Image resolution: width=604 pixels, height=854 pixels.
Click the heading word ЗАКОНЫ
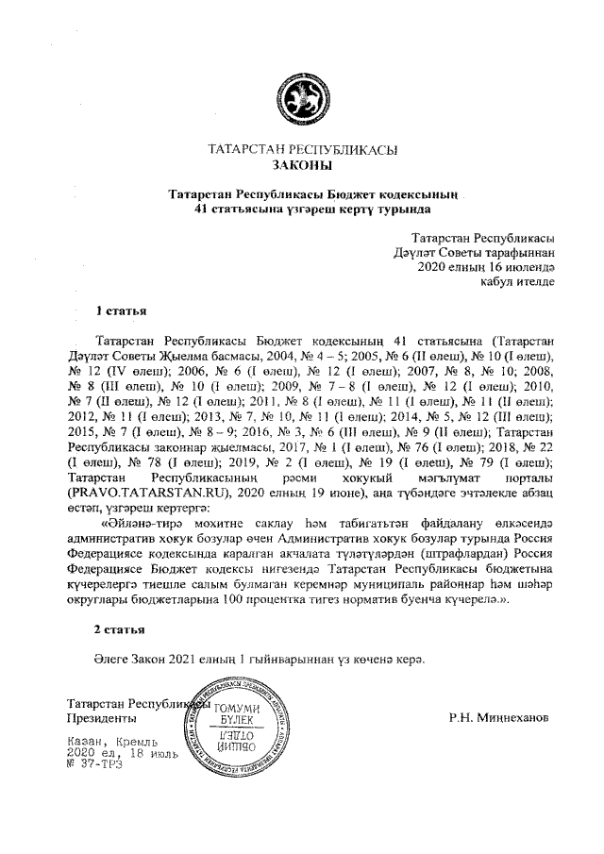301,165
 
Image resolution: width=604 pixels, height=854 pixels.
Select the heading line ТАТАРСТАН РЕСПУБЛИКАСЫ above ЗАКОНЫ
301,149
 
